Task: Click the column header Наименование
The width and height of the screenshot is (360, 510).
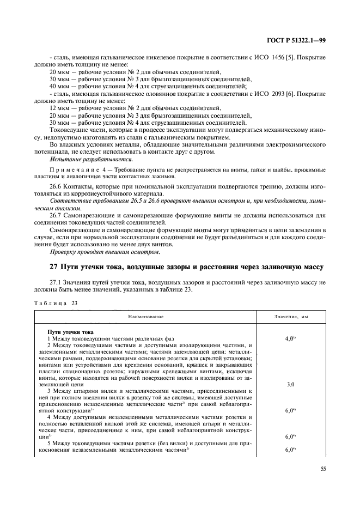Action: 146,317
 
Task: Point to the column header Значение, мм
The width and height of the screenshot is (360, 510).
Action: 298,317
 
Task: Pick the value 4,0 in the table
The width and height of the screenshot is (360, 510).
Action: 289,338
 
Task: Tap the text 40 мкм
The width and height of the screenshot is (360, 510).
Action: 59,86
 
